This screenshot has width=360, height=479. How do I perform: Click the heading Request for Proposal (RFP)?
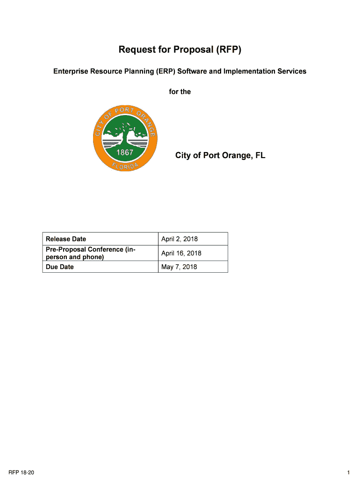tap(180, 49)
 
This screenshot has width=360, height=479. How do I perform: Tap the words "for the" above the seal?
tap(180, 92)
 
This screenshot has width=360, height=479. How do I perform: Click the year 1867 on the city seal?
tap(125, 152)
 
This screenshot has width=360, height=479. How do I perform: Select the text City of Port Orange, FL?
tap(220, 155)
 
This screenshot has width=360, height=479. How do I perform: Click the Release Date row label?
tap(66, 239)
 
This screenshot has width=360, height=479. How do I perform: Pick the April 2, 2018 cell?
tap(180, 239)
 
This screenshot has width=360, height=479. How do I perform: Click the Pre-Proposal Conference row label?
tap(91, 253)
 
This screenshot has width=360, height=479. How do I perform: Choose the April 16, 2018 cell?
tap(181, 253)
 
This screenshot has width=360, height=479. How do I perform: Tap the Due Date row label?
tap(60, 267)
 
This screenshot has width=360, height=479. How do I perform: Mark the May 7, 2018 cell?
tap(179, 267)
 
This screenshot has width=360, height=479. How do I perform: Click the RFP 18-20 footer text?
tap(23, 473)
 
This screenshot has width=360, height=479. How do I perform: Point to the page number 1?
tap(349, 473)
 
